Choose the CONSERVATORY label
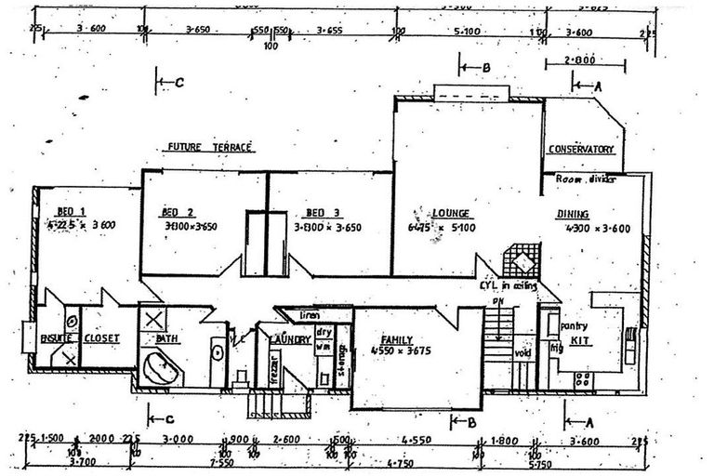581,149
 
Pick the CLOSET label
101,338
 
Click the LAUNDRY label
288,340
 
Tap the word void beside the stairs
520,353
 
